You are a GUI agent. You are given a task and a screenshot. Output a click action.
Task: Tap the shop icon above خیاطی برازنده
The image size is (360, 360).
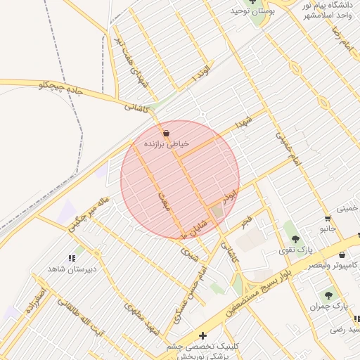pos(166,133)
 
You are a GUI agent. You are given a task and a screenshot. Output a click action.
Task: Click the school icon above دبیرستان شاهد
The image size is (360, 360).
pos(72,259)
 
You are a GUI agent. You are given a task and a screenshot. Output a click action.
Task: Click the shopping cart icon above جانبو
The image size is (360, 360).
pos(328,218)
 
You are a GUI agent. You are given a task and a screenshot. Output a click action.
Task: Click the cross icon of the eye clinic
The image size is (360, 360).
pos(203,336)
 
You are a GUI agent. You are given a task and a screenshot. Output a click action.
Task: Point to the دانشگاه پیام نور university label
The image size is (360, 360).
pos(330,6)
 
